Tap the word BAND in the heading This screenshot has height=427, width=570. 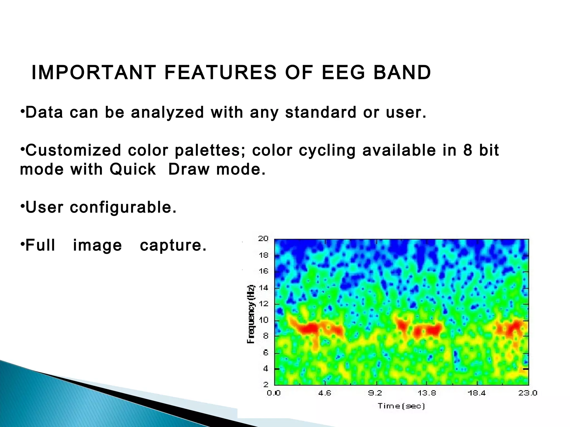(402, 73)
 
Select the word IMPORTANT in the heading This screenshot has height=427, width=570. (94, 73)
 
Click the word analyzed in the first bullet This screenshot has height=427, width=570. (168, 113)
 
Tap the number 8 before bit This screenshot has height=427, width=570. (468, 150)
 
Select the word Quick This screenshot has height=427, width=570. (133, 169)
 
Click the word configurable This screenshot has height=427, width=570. (123, 207)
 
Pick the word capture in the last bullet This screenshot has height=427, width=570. (173, 245)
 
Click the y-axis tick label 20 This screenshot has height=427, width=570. (263, 239)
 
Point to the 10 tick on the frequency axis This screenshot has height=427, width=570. (263, 320)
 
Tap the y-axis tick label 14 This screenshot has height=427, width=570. (263, 287)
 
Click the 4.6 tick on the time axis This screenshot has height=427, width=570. (325, 393)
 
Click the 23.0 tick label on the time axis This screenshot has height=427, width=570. (527, 393)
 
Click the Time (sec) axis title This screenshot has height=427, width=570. (401, 406)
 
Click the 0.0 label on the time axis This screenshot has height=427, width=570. (274, 393)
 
